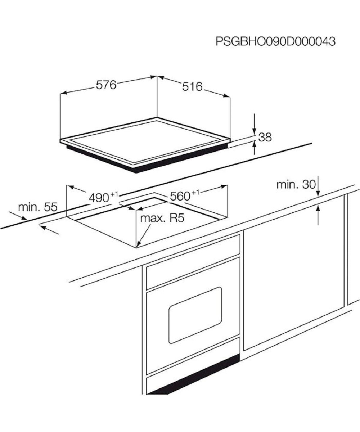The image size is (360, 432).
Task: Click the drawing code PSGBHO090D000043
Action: coord(275,42)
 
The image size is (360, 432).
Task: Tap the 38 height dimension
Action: coord(265,137)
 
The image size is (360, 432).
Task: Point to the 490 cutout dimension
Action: coord(99,198)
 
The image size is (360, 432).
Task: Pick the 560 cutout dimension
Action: coord(180,196)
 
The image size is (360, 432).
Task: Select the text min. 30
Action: coord(296,185)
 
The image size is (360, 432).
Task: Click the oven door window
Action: coord(195,315)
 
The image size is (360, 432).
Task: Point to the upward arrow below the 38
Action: coord(254,148)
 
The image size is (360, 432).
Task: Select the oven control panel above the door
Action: coord(193,262)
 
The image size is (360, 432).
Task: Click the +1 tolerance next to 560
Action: coord(195,193)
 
